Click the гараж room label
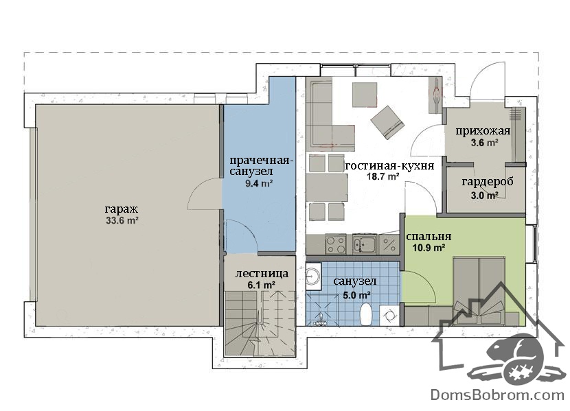click(122, 210)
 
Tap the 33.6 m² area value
click(122, 220)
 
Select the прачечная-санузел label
click(260, 165)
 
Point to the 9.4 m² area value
click(259, 183)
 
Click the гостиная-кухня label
click(389, 166)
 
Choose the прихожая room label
click(483, 131)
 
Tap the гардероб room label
click(488, 182)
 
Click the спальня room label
click(429, 236)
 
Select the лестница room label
click(262, 273)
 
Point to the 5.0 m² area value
click(357, 295)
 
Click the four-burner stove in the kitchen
click(336, 244)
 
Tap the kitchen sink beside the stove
click(365, 244)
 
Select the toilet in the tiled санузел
click(366, 314)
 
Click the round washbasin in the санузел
click(312, 277)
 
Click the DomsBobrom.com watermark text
click(497, 395)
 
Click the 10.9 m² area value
click(429, 248)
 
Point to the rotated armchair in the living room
click(387, 122)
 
